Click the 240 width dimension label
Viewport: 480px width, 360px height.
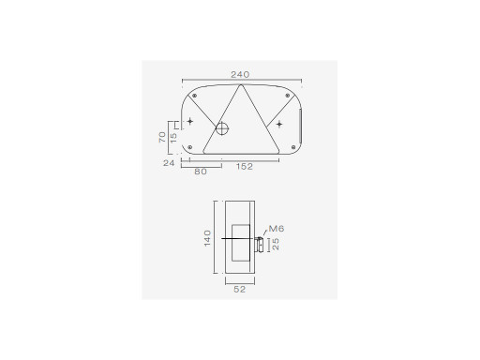[240, 75]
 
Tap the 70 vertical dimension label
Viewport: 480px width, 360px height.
[162, 137]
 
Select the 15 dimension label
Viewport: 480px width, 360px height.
[173, 137]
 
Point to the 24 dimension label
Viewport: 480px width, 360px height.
[169, 163]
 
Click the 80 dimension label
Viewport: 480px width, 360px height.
[201, 172]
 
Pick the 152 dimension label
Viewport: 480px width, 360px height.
[245, 167]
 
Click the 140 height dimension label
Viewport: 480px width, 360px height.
[207, 238]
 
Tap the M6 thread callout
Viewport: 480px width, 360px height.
[277, 229]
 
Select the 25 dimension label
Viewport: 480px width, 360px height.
[276, 244]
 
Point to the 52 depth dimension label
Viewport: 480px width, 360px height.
[240, 290]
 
